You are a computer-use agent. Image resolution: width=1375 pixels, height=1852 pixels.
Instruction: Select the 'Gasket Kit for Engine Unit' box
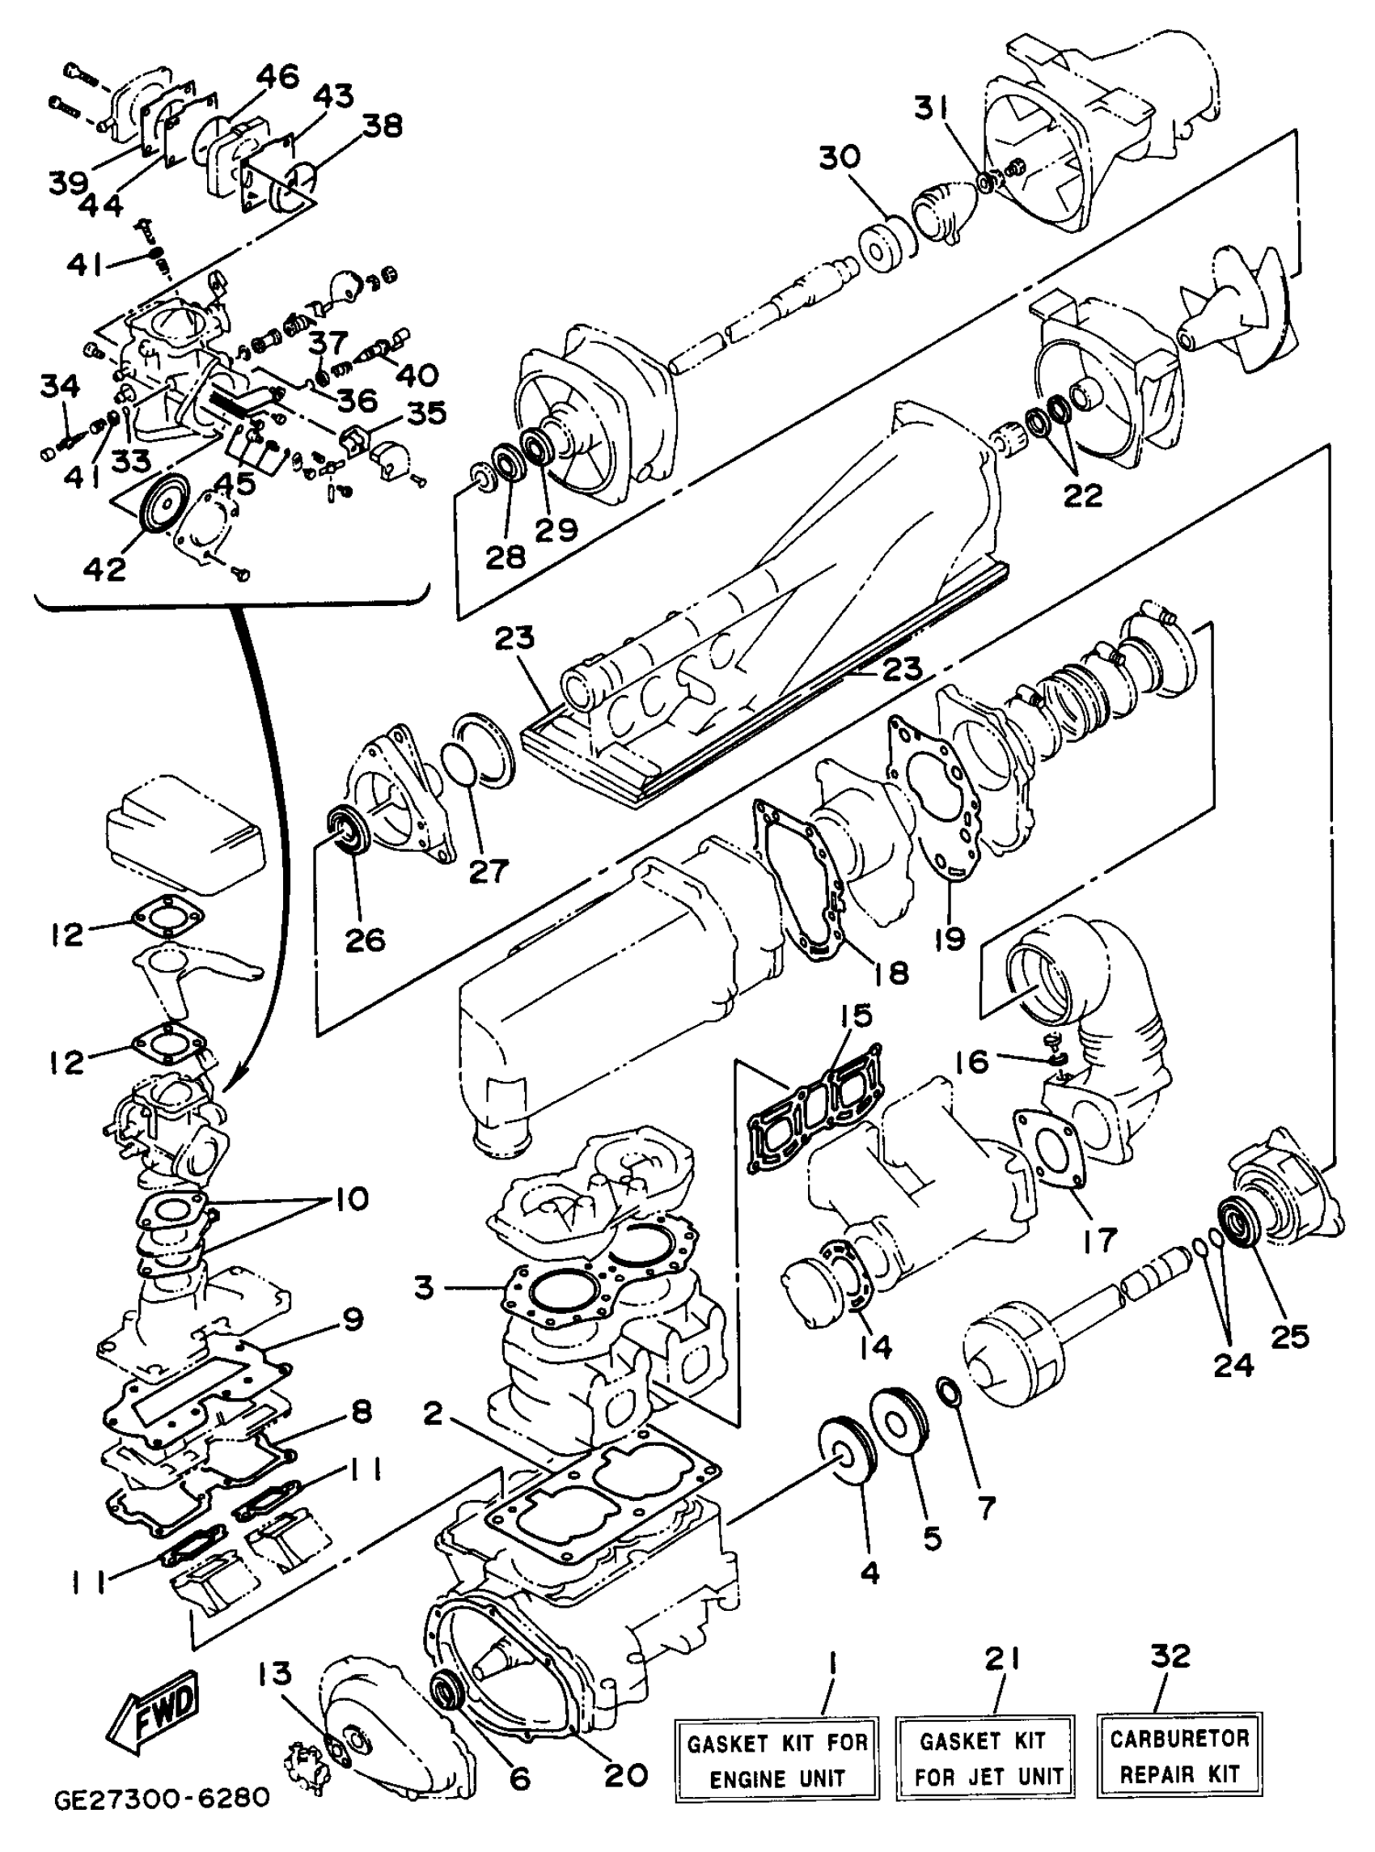coord(776,1760)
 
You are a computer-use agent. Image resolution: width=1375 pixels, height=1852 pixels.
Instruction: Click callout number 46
coord(277,78)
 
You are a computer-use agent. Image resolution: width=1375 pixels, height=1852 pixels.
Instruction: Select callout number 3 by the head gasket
coord(425,1287)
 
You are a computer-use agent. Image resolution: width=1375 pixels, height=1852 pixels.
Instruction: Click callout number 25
coord(1289,1336)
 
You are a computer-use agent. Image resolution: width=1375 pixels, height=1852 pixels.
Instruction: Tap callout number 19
coord(949,938)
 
